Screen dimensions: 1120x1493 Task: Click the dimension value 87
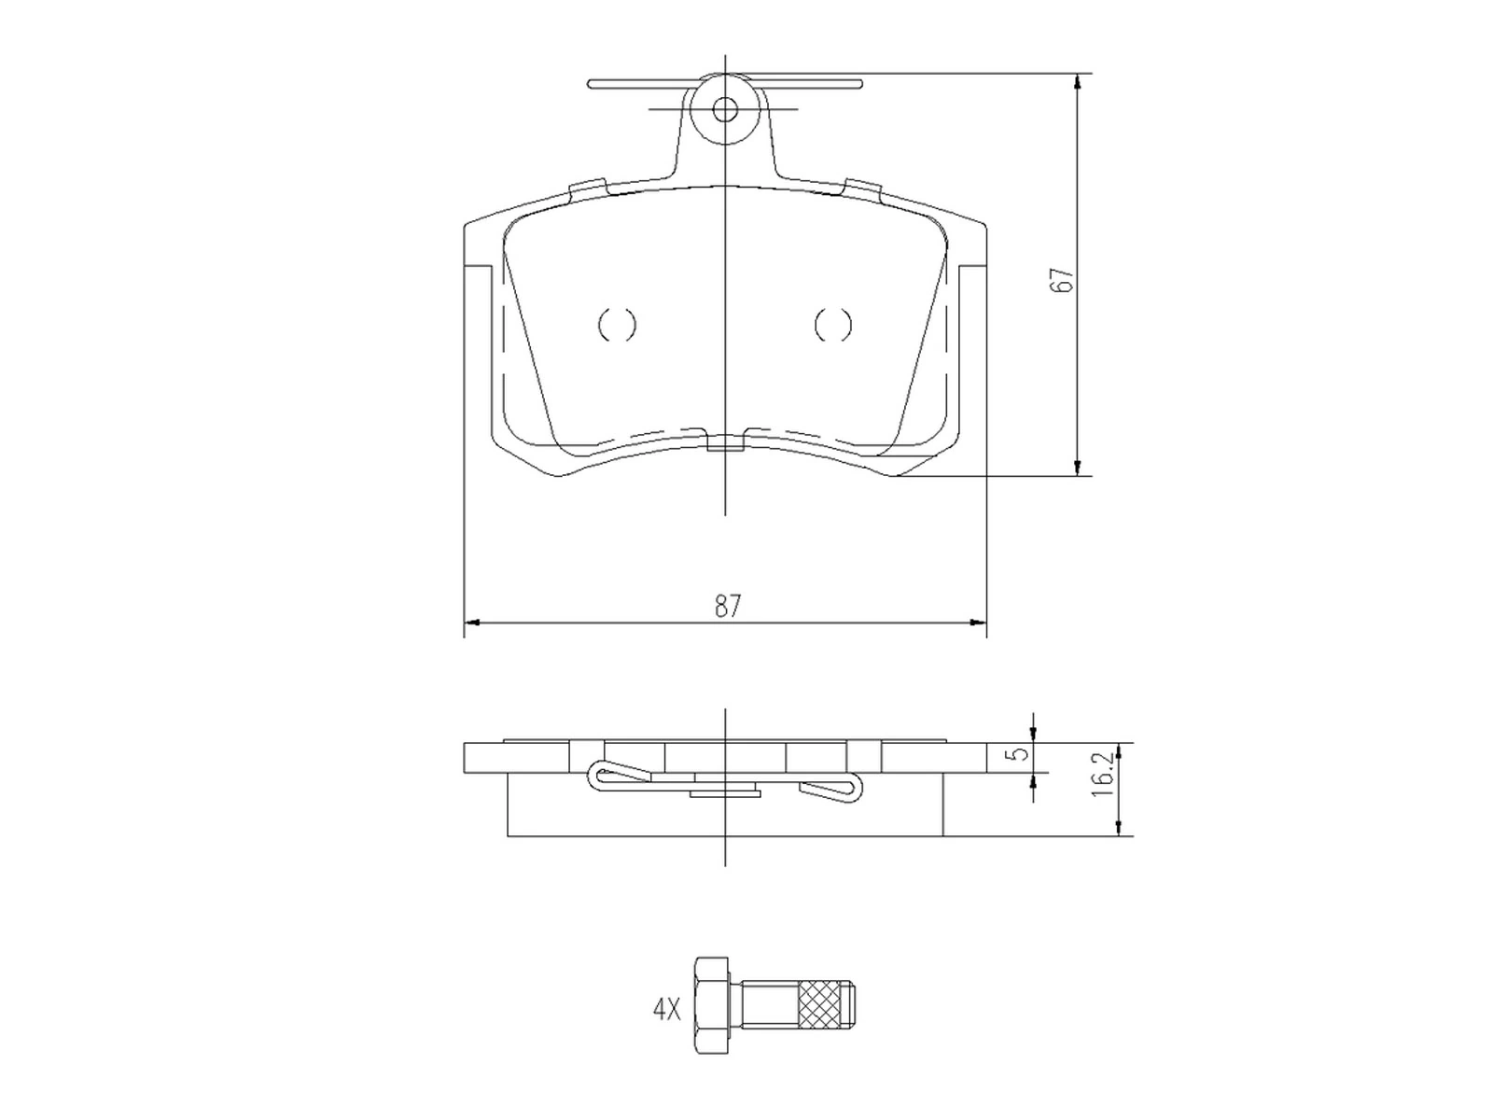[x=728, y=607]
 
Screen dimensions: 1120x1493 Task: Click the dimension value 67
[x=1062, y=281]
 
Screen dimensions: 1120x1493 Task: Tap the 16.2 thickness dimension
[x=1102, y=776]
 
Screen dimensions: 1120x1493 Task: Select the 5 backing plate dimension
[x=1022, y=752]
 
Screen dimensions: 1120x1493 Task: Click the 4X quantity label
[x=666, y=1010]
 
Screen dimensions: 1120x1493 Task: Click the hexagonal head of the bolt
[x=709, y=1004]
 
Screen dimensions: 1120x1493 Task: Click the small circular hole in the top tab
[x=724, y=110]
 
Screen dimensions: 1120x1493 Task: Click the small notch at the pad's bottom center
[x=726, y=442]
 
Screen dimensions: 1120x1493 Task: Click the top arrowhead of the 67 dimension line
[x=1079, y=82]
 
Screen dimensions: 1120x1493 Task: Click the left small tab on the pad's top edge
[x=588, y=188]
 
